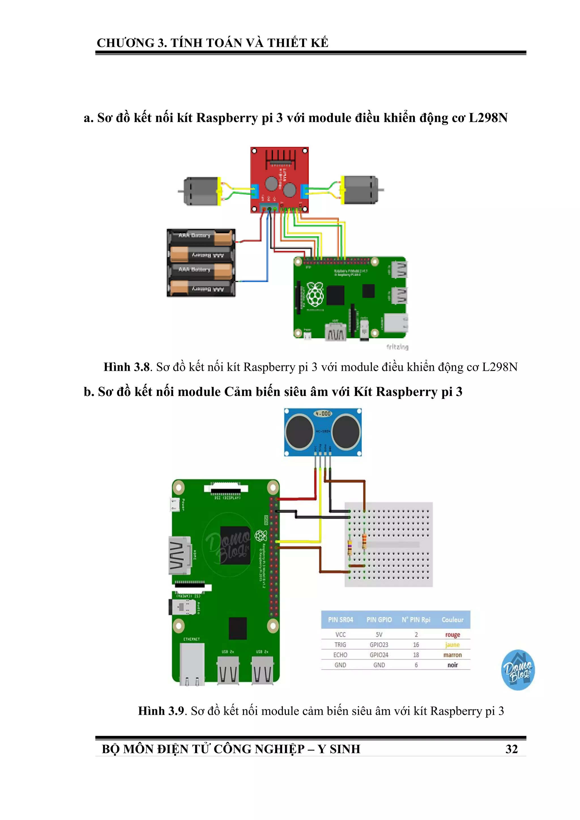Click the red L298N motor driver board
click(x=279, y=180)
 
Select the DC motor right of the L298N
click(x=359, y=190)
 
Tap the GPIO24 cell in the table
click(x=379, y=655)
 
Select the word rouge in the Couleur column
click(x=453, y=635)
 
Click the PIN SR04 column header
click(x=340, y=620)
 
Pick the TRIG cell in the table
click(x=340, y=645)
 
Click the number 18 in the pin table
click(x=416, y=655)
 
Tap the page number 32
click(x=511, y=749)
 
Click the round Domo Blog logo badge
click(x=518, y=670)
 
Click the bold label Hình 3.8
click(x=127, y=367)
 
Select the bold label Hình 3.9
click(x=161, y=711)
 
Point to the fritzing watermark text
click(x=397, y=347)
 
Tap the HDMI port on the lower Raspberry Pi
click(x=180, y=555)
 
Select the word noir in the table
click(x=453, y=665)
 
